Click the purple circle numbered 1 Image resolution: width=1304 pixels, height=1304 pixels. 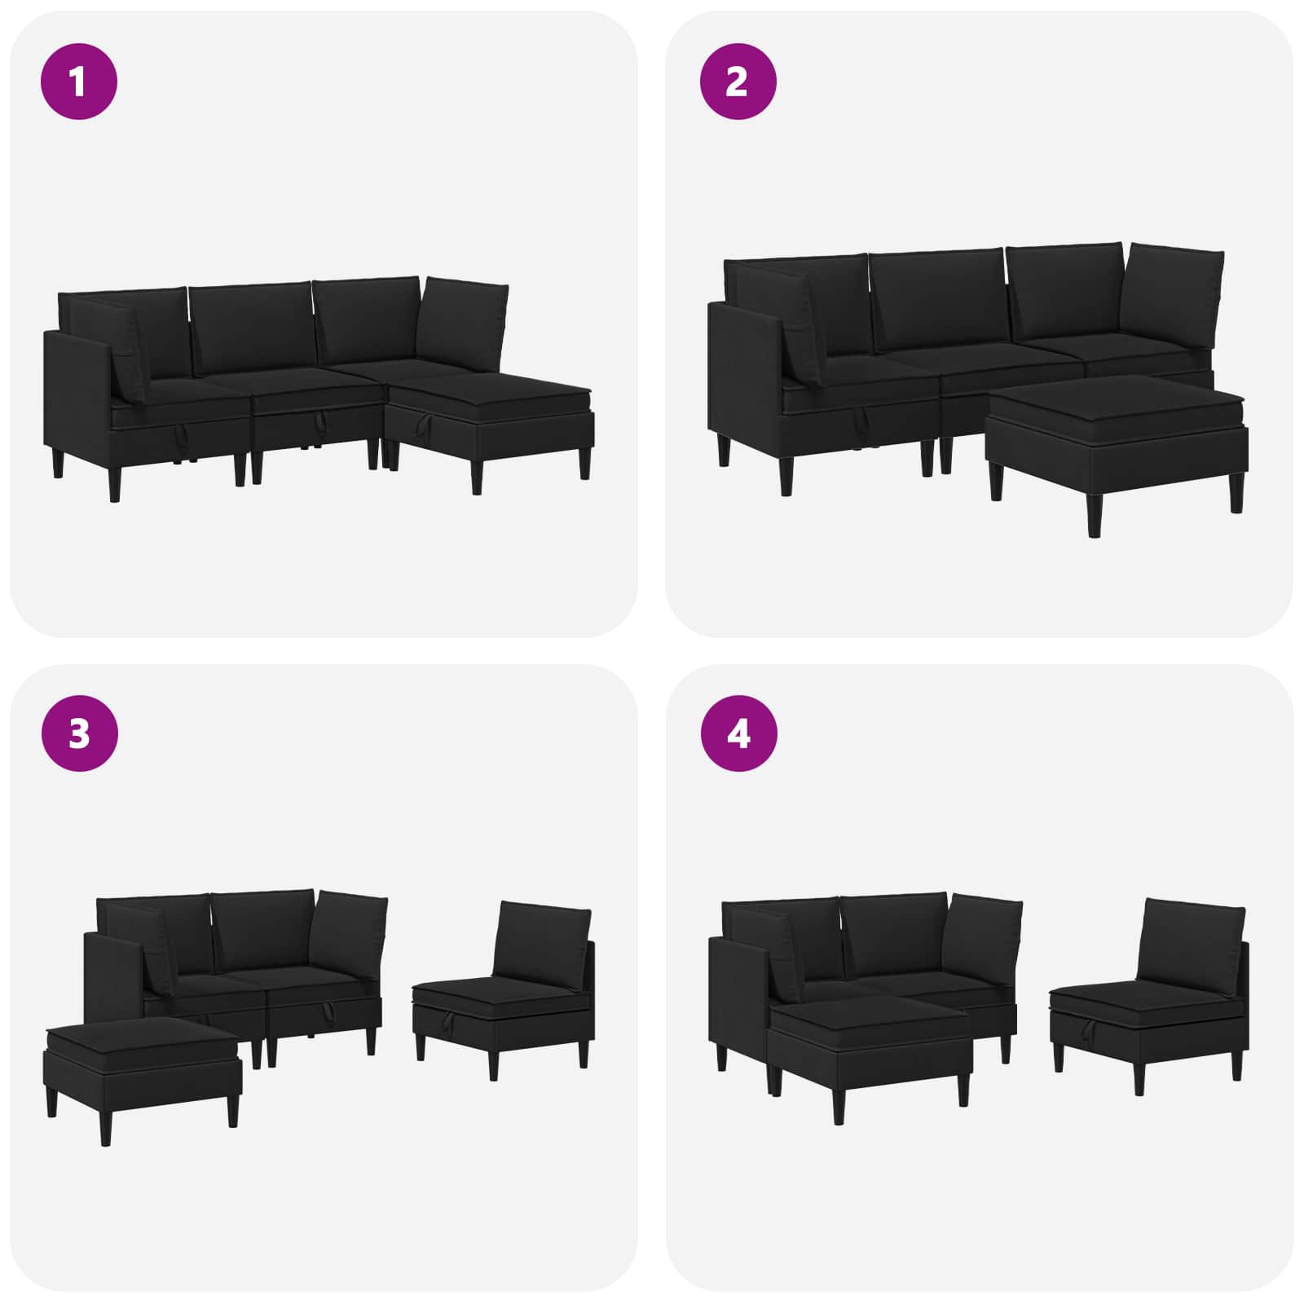[79, 81]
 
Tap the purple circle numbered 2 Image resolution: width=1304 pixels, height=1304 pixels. [738, 81]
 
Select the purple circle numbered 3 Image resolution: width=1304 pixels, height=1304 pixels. [79, 733]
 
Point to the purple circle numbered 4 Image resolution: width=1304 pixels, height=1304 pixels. [738, 733]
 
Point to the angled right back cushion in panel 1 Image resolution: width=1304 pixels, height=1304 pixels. [465, 326]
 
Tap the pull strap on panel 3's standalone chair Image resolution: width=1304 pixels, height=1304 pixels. [444, 1017]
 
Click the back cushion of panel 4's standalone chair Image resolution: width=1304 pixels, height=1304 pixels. [1192, 945]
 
